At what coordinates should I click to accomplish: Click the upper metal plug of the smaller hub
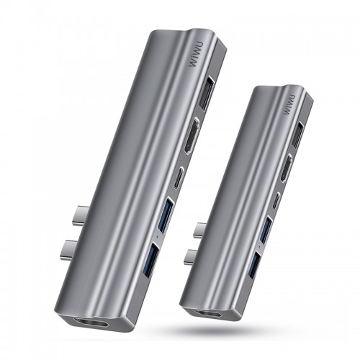pyautogui.click(x=202, y=232)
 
